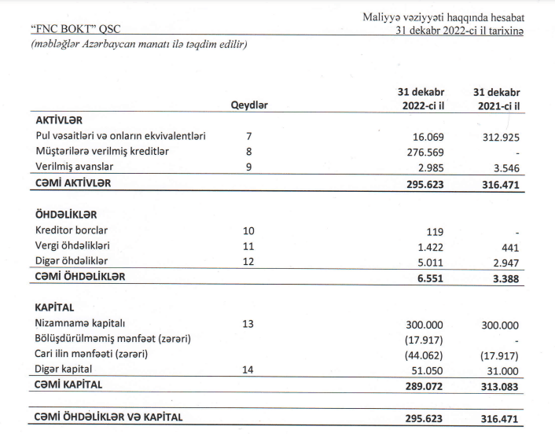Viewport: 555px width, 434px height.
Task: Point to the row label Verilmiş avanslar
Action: (x=80, y=166)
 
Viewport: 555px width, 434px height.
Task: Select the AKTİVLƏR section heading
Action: (x=59, y=120)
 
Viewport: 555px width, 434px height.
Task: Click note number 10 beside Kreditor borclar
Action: (x=248, y=230)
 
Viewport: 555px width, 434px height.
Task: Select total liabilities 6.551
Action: (x=428, y=277)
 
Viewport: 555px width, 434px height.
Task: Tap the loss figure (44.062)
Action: (x=425, y=354)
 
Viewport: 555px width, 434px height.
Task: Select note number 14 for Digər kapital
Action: (x=248, y=369)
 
